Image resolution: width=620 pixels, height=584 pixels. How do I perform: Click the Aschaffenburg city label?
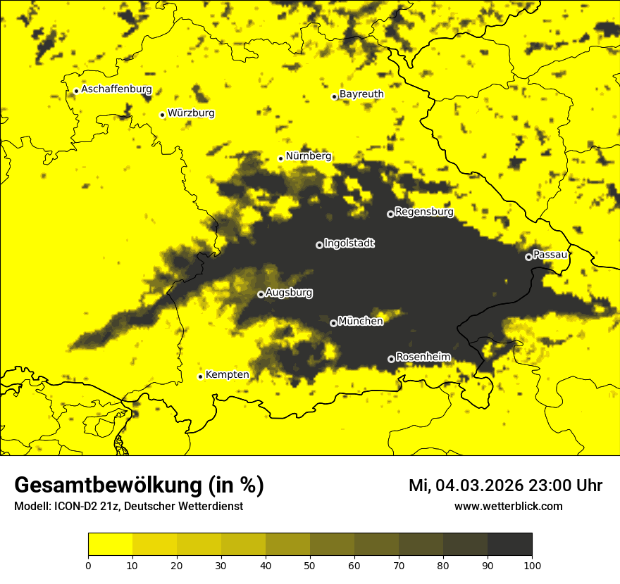coord(116,89)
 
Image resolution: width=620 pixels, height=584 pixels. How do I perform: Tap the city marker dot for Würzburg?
coord(162,115)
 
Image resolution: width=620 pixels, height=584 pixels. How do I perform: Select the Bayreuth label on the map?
coord(361,94)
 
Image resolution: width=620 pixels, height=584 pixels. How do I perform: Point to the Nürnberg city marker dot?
coord(280,158)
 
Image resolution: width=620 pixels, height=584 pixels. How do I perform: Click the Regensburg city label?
coord(424,212)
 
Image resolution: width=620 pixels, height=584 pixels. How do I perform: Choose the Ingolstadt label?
coord(349,243)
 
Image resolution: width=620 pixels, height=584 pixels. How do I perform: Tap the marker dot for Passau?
coord(528,257)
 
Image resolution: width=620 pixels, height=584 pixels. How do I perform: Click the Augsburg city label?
coord(289,293)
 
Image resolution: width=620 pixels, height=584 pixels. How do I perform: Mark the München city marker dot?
coord(333,324)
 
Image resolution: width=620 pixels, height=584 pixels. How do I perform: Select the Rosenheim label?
coord(423,357)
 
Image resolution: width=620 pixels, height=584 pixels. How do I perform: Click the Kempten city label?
coord(227,374)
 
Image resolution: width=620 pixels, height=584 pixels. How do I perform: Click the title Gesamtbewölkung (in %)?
coord(139,485)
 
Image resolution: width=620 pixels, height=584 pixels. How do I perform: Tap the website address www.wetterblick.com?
coord(508,507)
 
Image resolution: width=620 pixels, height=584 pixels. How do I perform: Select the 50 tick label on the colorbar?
coord(310,564)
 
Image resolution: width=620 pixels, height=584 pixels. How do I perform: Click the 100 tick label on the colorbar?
coord(532,564)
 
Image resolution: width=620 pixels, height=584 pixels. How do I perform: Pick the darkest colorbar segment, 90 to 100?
coord(509,545)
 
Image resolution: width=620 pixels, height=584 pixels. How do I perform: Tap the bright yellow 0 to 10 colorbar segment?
coord(110,545)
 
